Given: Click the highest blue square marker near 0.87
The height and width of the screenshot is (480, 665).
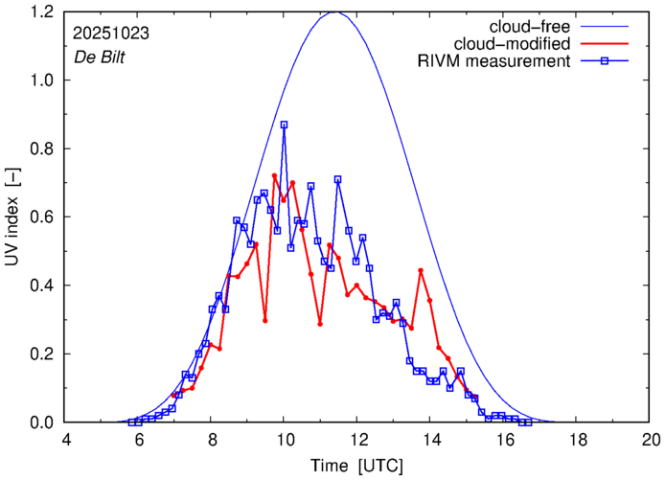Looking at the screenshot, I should tap(285, 125).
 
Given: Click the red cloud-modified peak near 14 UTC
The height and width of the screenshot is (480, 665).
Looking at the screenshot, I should tap(421, 270).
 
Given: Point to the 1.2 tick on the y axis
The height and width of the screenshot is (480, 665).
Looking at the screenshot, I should tap(42, 12).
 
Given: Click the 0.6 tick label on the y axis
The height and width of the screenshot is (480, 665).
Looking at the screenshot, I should tap(42, 217).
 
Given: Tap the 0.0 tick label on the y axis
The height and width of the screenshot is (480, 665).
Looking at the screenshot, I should tap(42, 423).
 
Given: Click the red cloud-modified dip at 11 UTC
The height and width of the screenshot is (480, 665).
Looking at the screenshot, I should tap(320, 324).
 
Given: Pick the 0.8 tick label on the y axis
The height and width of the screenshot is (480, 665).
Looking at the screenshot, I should tap(42, 149).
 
